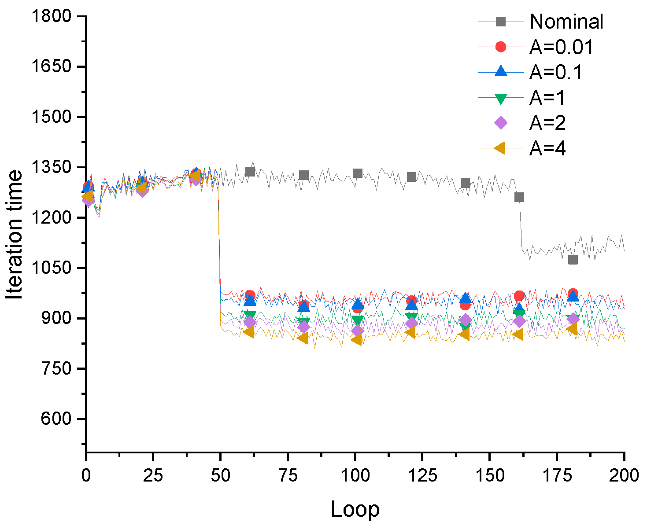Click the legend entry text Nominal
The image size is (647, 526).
[x=566, y=22]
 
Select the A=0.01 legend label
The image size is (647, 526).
[x=561, y=47]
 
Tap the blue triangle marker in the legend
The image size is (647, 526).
[x=501, y=71]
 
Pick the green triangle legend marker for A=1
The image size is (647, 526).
[x=501, y=98]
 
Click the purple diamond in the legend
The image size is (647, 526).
[x=501, y=123]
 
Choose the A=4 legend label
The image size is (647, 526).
[x=547, y=149]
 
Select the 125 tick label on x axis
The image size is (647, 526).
[x=422, y=475]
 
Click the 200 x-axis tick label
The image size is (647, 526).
[x=624, y=475]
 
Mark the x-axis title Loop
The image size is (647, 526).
[x=355, y=510]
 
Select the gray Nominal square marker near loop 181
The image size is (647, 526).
[x=573, y=260]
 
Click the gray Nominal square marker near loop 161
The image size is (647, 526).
[x=519, y=197]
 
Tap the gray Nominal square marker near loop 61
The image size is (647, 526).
[x=250, y=172]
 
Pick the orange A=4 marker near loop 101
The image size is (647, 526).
[x=356, y=339]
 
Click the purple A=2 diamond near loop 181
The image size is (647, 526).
[x=573, y=319]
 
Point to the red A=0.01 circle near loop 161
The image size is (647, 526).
[x=519, y=296]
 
